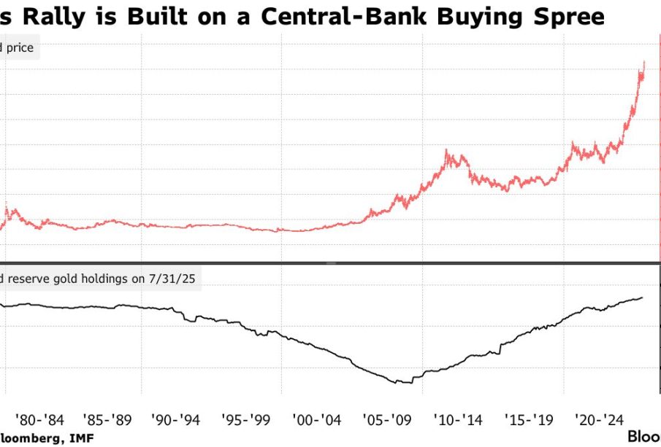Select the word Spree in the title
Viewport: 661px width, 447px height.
pos(570,15)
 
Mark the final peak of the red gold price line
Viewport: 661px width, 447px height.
pos(643,63)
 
